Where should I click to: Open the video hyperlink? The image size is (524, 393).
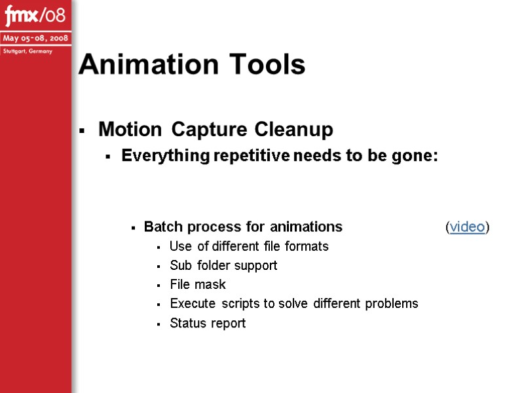(x=467, y=227)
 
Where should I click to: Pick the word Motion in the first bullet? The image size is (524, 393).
(x=130, y=130)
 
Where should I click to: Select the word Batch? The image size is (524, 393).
(x=163, y=227)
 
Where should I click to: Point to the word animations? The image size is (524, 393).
(x=305, y=227)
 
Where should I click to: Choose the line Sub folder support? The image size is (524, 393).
(x=223, y=265)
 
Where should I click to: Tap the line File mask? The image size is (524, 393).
(x=198, y=284)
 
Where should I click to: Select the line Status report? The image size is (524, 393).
(x=208, y=323)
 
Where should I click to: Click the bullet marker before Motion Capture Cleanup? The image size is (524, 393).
(x=83, y=132)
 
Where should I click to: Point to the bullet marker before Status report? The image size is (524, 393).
(x=159, y=324)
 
